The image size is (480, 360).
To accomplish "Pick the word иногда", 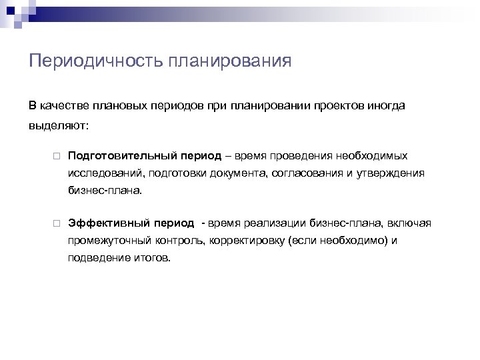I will click(386, 106).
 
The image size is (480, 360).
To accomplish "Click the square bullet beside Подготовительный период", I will click(58, 156).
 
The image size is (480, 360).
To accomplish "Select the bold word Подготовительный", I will click(121, 155).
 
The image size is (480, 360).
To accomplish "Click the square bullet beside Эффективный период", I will click(58, 223).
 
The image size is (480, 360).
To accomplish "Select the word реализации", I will click(271, 222).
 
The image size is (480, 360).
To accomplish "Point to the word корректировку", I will click(238, 239).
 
